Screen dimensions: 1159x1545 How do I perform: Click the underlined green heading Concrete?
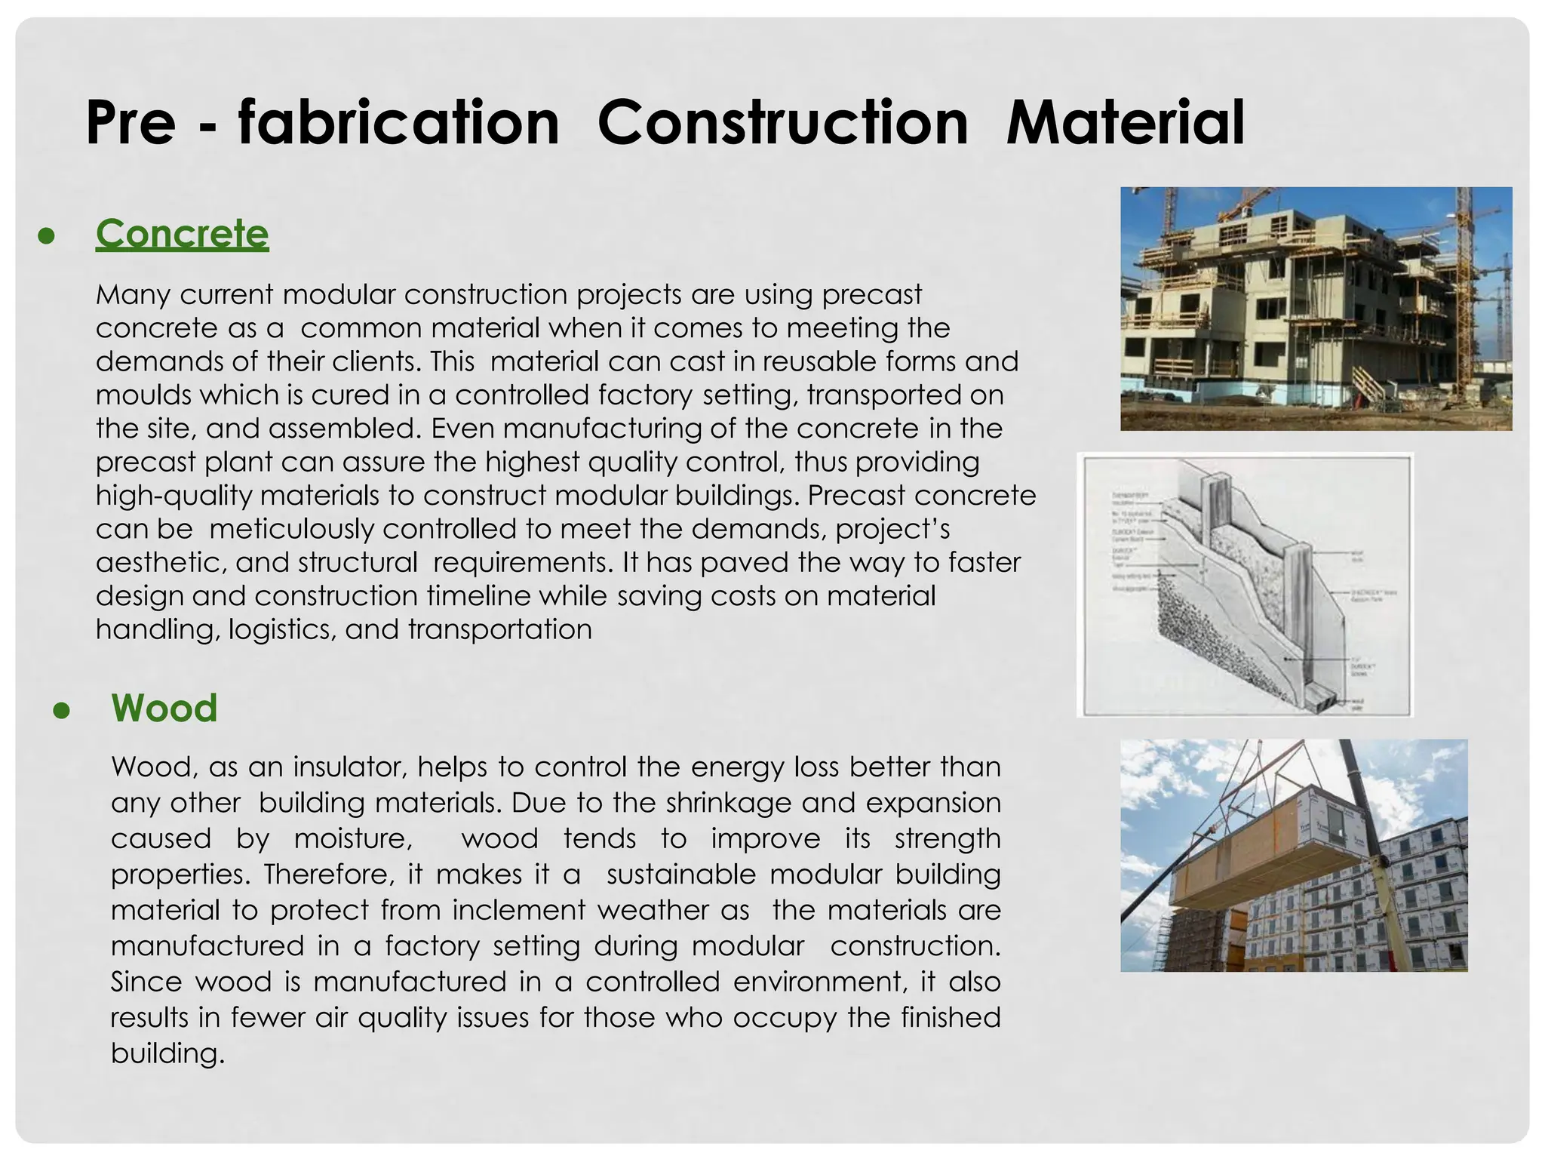point(182,234)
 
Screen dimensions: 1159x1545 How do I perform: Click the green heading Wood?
point(164,708)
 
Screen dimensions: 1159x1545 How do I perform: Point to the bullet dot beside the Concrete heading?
point(47,236)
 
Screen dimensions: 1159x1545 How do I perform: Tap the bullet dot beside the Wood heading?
point(62,711)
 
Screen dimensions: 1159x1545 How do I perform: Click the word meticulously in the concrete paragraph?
point(290,529)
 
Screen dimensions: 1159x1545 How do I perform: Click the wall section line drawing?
point(1245,585)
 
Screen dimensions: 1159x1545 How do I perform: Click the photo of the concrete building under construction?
point(1316,309)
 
